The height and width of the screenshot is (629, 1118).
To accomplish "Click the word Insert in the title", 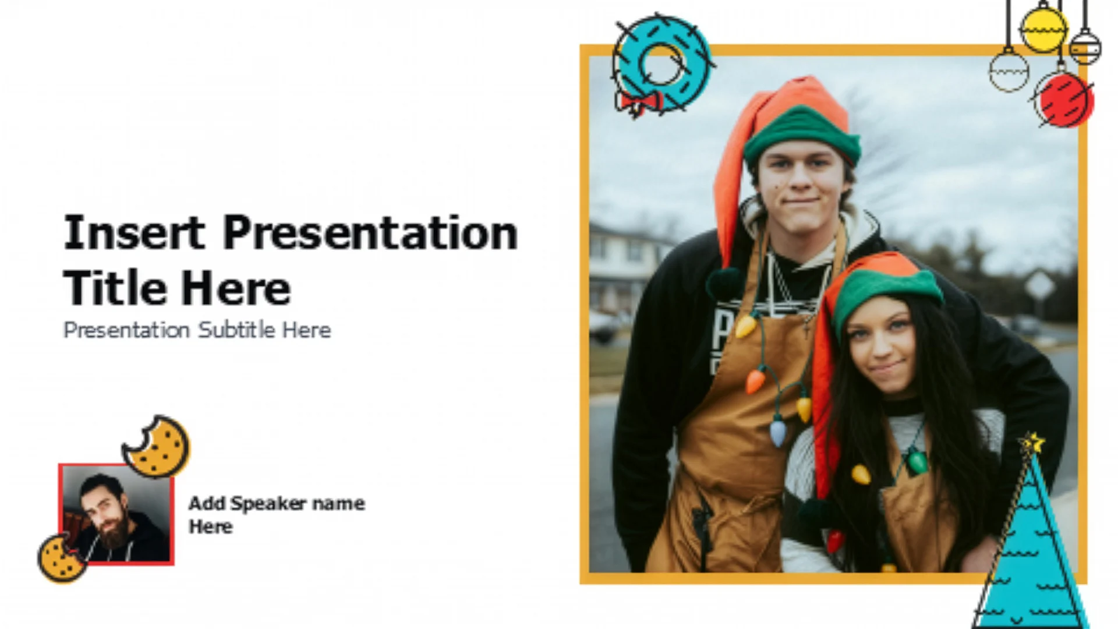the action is [135, 232].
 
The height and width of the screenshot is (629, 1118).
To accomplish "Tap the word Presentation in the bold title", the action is [370, 232].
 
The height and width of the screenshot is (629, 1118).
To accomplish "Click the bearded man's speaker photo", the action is [116, 514].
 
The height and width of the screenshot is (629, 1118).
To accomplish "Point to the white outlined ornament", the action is [1009, 70].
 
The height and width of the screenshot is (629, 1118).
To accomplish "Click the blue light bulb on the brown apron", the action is [778, 433].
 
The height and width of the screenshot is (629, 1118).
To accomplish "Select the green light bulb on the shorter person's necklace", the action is [917, 461].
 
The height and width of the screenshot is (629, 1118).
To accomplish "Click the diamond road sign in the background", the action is [1039, 285].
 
